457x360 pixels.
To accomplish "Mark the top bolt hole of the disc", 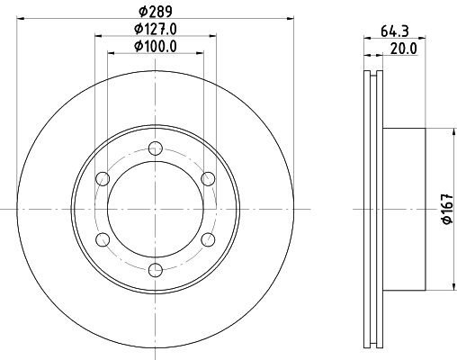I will [155, 148].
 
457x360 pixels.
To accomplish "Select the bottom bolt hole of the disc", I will [155, 269].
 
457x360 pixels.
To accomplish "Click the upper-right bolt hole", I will [207, 178].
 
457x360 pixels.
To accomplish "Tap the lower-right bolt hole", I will [207, 238].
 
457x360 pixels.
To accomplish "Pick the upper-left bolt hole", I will [103, 178].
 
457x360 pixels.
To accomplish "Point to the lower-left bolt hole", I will [103, 238].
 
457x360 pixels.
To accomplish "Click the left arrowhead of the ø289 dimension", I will [19, 17].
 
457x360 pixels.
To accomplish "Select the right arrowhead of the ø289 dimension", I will [291, 17].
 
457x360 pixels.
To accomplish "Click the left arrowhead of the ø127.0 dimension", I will [97, 36].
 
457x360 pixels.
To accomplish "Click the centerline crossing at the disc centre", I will [155, 209].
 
